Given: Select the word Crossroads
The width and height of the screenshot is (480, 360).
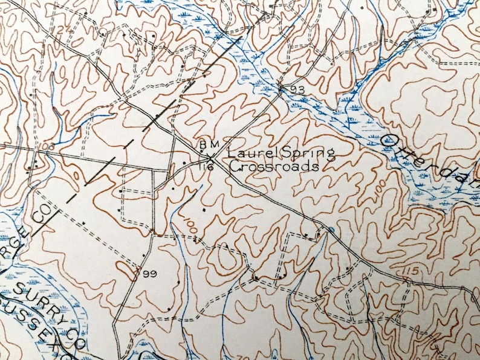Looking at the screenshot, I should pos(273,167).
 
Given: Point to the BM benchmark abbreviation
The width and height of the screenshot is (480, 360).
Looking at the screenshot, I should pos(207,146).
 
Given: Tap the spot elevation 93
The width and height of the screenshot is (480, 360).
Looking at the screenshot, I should pos(296,90).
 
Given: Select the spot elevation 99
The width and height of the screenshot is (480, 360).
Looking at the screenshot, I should pos(151,274).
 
